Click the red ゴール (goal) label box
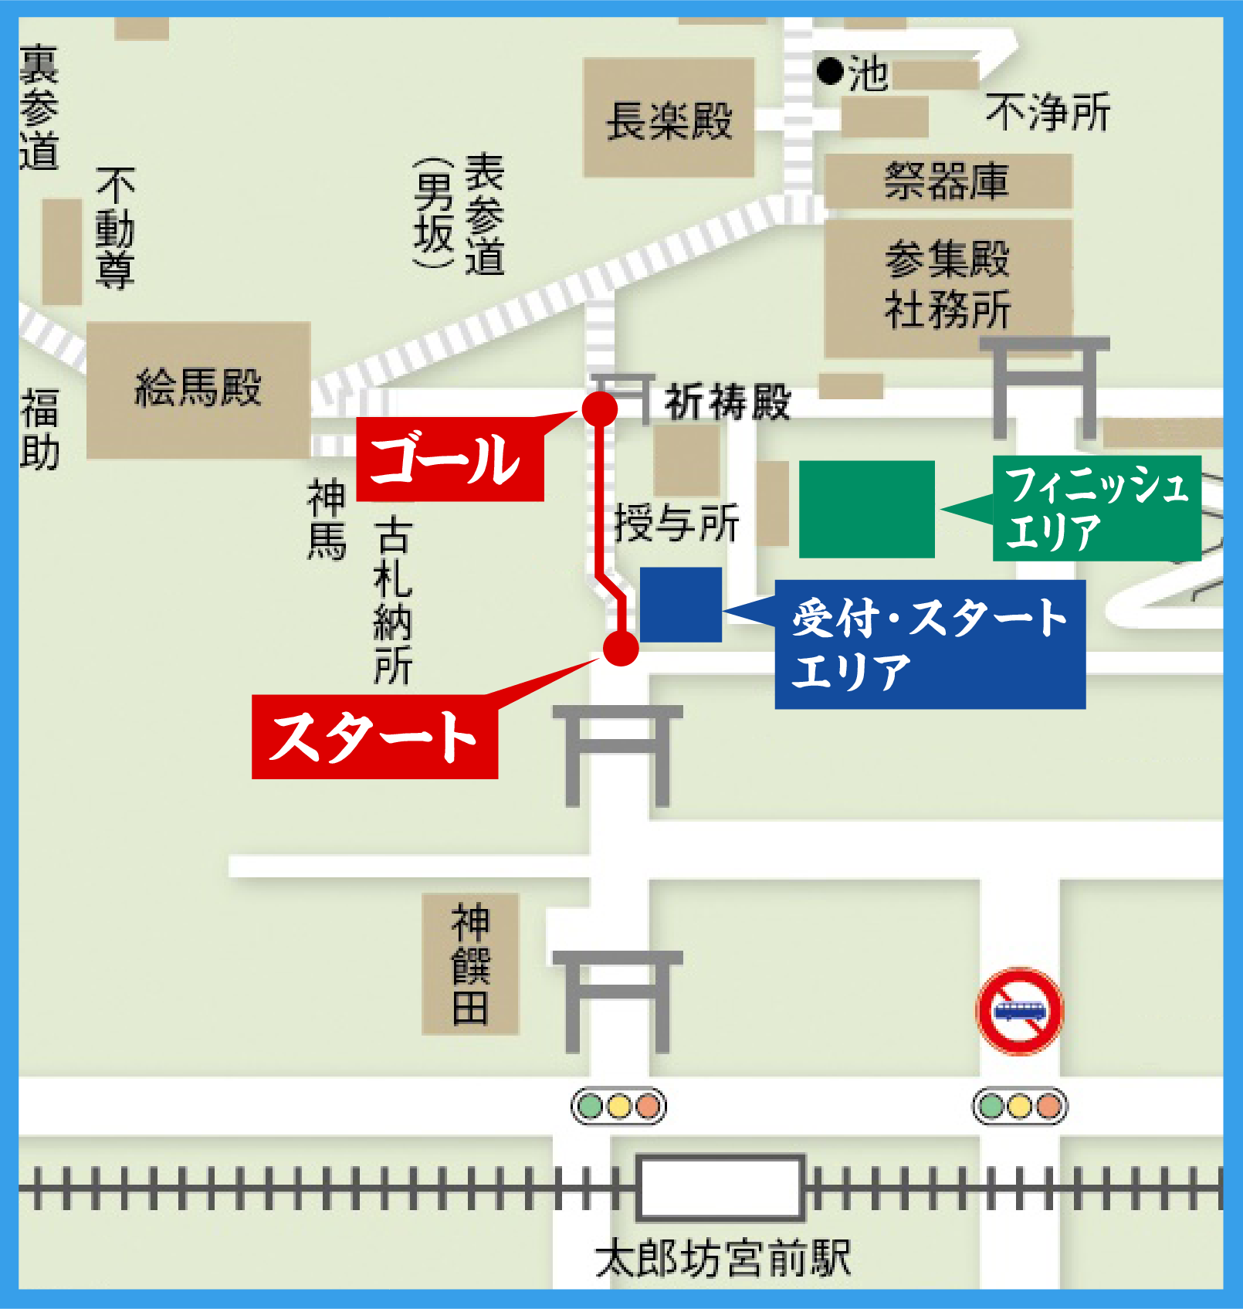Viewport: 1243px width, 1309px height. click(449, 460)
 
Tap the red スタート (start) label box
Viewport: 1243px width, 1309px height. click(374, 738)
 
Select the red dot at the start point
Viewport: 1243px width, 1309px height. click(621, 648)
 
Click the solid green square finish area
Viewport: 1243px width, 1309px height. click(866, 509)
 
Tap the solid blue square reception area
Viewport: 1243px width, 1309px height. click(680, 605)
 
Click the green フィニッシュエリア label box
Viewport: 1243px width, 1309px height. click(1096, 507)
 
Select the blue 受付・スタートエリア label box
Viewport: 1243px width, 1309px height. click(930, 644)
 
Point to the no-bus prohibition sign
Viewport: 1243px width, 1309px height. click(1019, 1011)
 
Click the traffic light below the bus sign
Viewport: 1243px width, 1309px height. click(1019, 1107)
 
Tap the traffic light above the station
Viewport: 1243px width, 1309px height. click(618, 1107)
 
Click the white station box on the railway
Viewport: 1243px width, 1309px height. click(720, 1188)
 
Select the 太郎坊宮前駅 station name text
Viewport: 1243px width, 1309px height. click(723, 1259)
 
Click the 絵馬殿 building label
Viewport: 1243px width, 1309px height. click(198, 388)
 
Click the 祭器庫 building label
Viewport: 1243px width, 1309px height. click(947, 181)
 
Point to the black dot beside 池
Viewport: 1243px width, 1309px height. click(830, 71)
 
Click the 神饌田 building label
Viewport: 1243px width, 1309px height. click(470, 964)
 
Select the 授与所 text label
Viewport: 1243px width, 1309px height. click(676, 524)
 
